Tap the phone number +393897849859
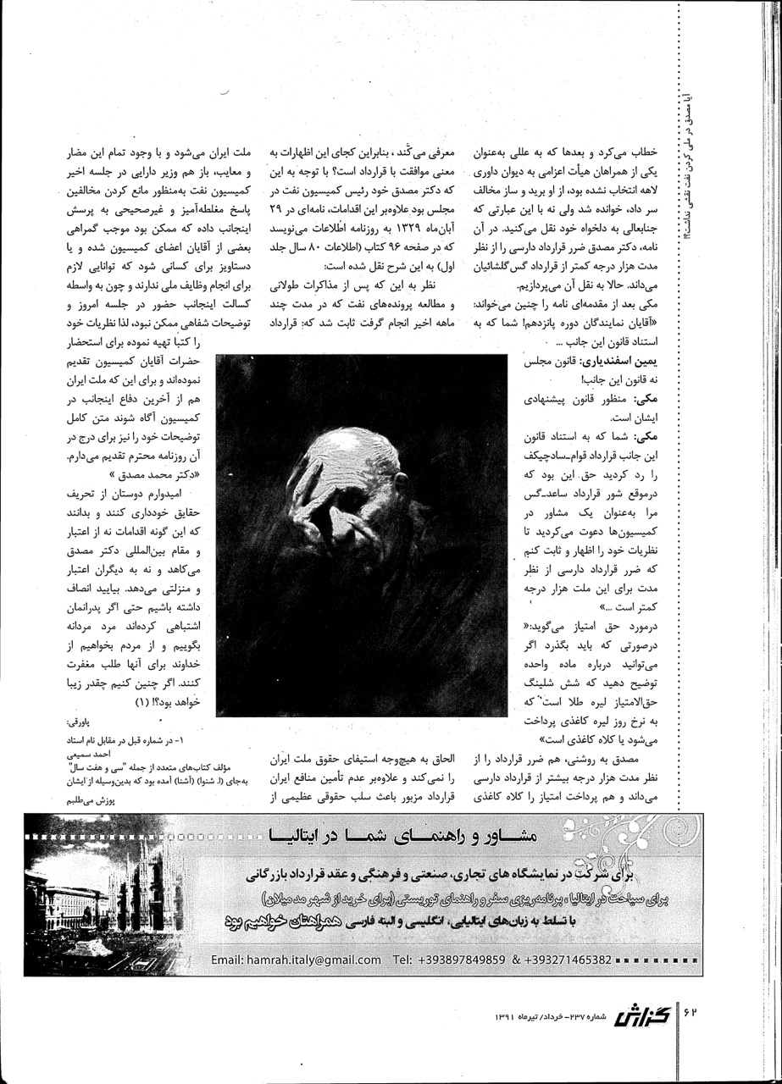(x=458, y=960)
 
